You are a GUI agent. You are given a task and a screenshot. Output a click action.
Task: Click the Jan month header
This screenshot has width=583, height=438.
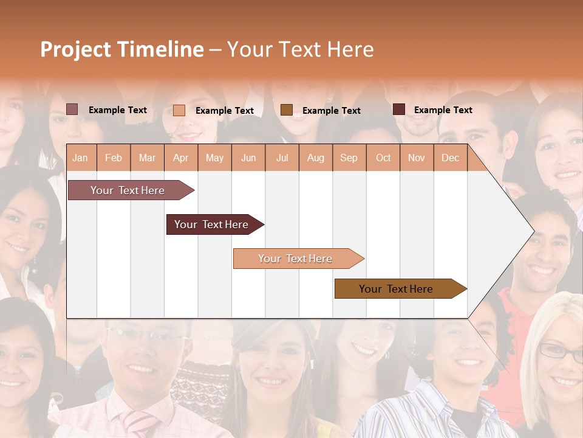(x=80, y=158)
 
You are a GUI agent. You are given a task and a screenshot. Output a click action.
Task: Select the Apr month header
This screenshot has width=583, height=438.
(x=181, y=158)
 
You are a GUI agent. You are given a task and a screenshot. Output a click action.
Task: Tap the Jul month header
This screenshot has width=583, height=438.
(x=282, y=158)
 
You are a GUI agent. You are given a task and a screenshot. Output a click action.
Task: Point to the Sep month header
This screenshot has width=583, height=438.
(x=349, y=158)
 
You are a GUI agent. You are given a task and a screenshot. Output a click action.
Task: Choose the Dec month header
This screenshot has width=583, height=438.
(x=450, y=158)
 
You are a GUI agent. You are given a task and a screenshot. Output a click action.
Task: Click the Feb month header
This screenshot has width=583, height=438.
(x=114, y=158)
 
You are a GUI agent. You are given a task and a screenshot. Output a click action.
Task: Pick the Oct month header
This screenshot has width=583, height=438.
(x=383, y=158)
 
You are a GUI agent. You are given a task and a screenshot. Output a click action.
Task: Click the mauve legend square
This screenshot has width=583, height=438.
(x=72, y=109)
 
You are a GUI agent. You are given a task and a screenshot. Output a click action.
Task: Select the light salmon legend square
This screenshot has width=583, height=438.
(x=179, y=110)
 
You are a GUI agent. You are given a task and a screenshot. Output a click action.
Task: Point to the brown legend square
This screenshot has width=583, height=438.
(x=287, y=109)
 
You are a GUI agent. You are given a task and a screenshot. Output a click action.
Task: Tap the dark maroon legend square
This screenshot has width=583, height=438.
(x=399, y=109)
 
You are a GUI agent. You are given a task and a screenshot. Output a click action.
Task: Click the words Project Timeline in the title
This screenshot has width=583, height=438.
(x=122, y=49)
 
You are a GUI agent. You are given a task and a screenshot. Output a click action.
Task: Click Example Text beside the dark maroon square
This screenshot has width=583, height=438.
(x=443, y=110)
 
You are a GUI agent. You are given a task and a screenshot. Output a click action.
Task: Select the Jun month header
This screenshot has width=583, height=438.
(x=248, y=158)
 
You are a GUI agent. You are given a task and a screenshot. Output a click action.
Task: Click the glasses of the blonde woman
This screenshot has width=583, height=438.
(x=559, y=352)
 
